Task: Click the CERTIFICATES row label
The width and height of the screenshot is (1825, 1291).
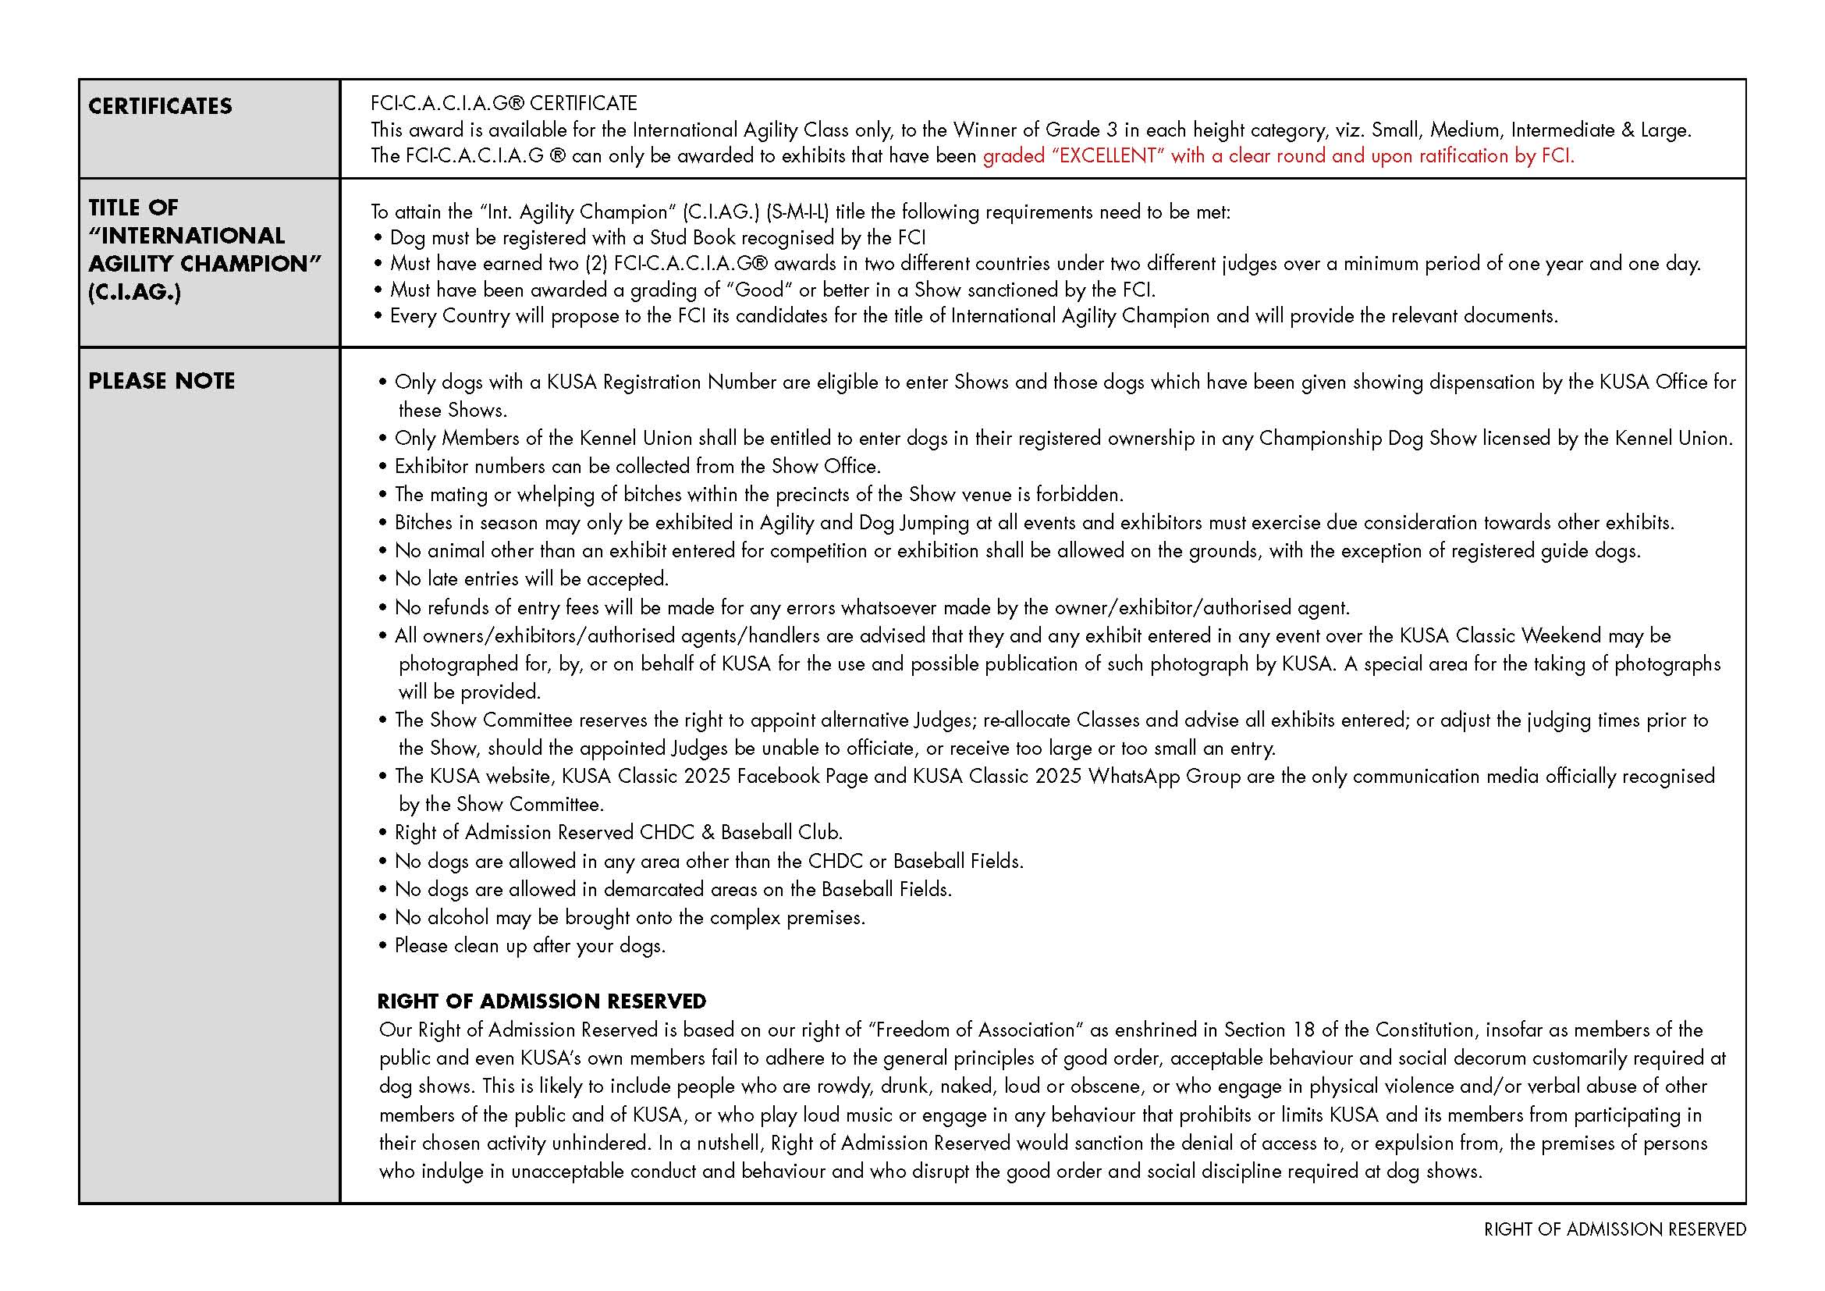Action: point(160,106)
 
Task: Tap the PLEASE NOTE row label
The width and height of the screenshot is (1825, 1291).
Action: point(162,382)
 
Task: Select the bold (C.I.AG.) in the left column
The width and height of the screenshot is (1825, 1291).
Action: point(134,293)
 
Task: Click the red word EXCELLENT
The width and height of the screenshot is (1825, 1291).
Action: point(1108,156)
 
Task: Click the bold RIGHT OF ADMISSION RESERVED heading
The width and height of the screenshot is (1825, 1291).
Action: point(541,1001)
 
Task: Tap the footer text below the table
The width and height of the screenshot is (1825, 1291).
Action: point(1614,1230)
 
